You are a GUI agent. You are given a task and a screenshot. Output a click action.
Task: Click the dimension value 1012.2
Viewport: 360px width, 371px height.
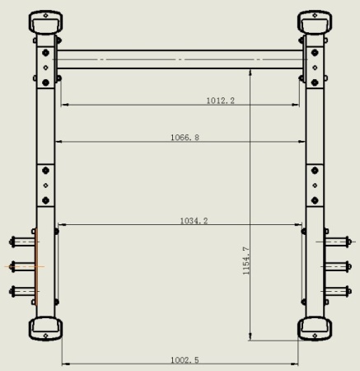(x=220, y=101)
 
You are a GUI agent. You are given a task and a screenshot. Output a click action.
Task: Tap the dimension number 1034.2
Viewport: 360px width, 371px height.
(x=194, y=220)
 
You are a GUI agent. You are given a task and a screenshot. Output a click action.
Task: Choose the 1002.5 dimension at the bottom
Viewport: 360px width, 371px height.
(x=184, y=359)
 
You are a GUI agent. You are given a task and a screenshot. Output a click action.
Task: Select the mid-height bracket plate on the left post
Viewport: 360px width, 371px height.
(x=46, y=185)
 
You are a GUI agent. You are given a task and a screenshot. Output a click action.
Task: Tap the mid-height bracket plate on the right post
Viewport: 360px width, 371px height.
(x=314, y=185)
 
